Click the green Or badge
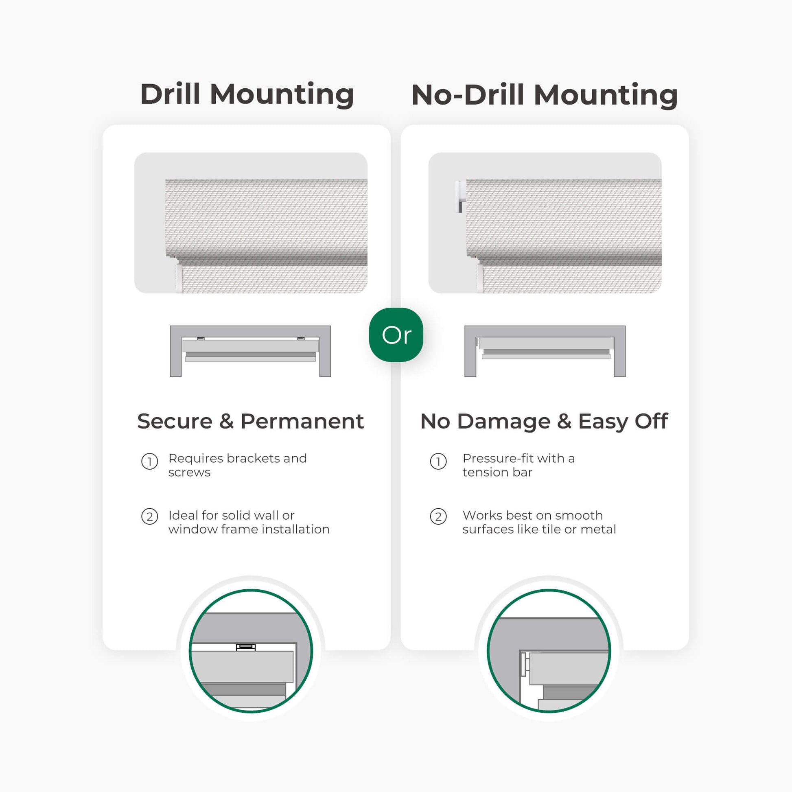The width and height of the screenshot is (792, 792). tap(396, 335)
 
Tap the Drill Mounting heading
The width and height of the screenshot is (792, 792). tap(247, 95)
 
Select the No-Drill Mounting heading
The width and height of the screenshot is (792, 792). tap(545, 95)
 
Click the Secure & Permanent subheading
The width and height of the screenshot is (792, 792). tap(250, 421)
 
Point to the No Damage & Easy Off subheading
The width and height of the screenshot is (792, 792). tap(545, 422)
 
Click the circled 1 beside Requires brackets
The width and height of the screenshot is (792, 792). tap(150, 462)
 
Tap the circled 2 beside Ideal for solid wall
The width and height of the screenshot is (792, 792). tap(150, 516)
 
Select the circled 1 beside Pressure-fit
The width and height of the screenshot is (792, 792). tap(438, 462)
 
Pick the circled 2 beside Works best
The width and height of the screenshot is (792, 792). tap(438, 516)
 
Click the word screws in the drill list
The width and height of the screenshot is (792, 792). tap(189, 473)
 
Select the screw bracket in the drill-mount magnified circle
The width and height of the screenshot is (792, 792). tap(245, 647)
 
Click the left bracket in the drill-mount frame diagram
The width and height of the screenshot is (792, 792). tap(201, 339)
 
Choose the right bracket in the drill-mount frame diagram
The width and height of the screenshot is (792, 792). tap(301, 339)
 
